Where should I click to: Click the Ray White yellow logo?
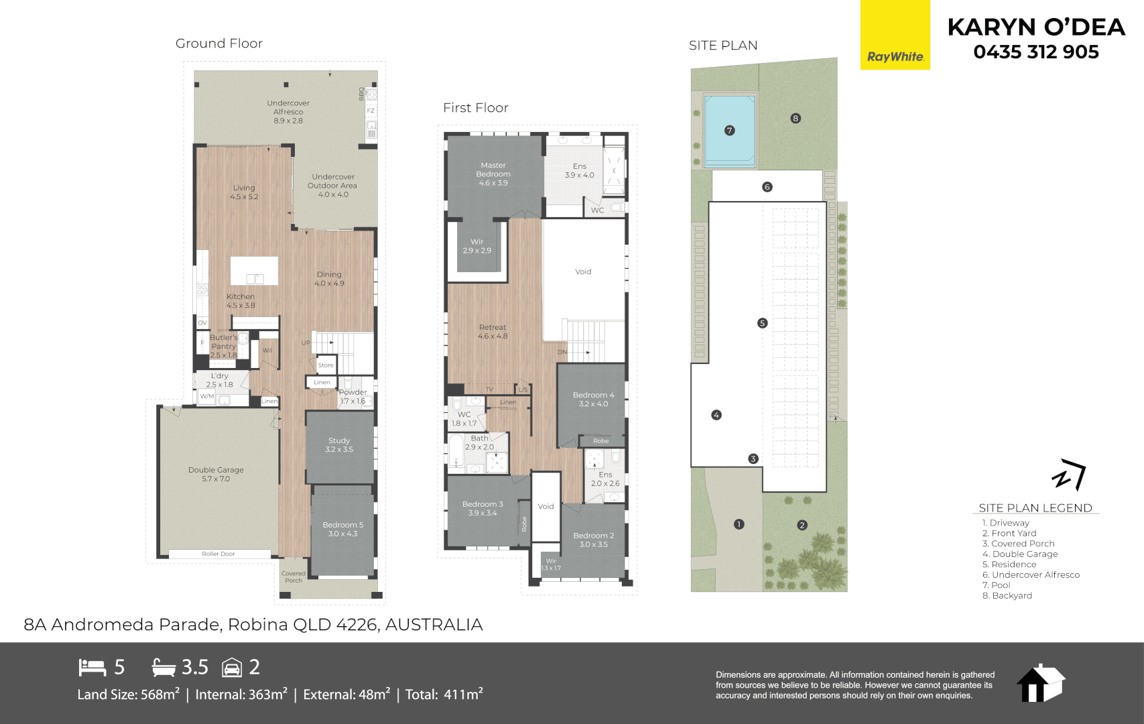(x=895, y=35)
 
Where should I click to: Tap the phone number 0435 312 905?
(x=1036, y=52)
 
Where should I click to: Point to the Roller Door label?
(x=218, y=554)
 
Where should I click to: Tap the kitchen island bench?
(x=254, y=271)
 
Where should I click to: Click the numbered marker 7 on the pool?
(x=730, y=131)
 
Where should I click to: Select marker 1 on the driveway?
(x=739, y=524)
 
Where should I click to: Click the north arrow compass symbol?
(x=1068, y=475)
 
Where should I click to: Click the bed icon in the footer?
(x=92, y=667)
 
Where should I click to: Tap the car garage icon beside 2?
(x=232, y=667)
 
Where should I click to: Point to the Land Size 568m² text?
(x=128, y=695)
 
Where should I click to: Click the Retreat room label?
(x=493, y=331)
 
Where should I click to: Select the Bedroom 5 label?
(x=342, y=529)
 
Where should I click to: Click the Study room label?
(x=339, y=444)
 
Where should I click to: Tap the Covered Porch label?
(x=294, y=577)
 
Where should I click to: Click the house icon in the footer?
(x=1040, y=683)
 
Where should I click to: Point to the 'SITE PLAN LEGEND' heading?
(x=1035, y=508)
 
